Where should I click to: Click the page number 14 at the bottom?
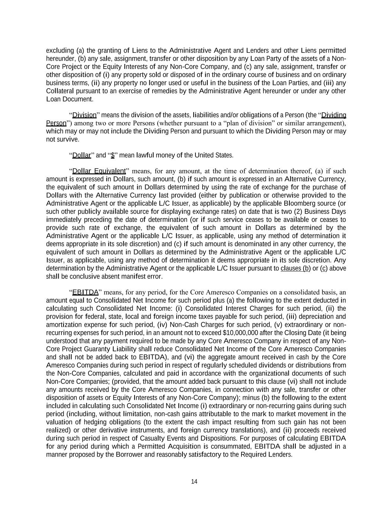coord(194,482)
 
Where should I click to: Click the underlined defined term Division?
coord(84,115)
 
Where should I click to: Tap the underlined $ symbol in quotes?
coord(112,155)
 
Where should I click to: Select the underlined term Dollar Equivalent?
coord(99,171)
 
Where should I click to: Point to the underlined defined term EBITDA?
coord(85,292)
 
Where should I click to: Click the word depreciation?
coord(317,316)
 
